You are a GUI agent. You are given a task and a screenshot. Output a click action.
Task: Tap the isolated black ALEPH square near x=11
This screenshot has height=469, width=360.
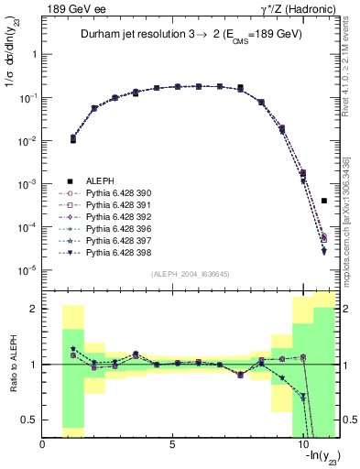click(324, 201)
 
